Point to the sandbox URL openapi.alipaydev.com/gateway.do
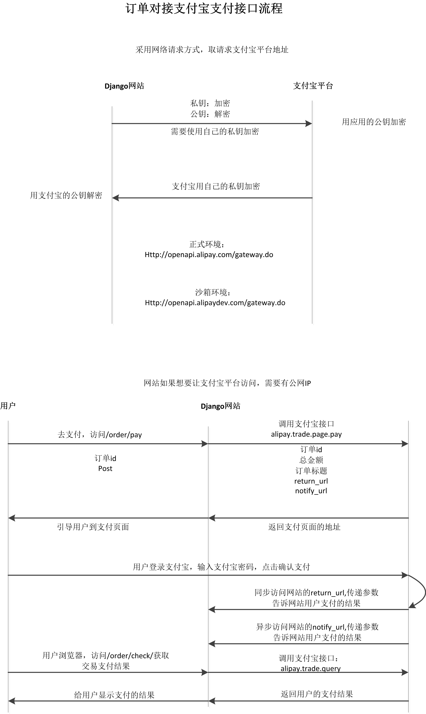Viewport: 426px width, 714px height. click(215, 303)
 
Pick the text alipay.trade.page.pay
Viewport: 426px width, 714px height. click(306, 434)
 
